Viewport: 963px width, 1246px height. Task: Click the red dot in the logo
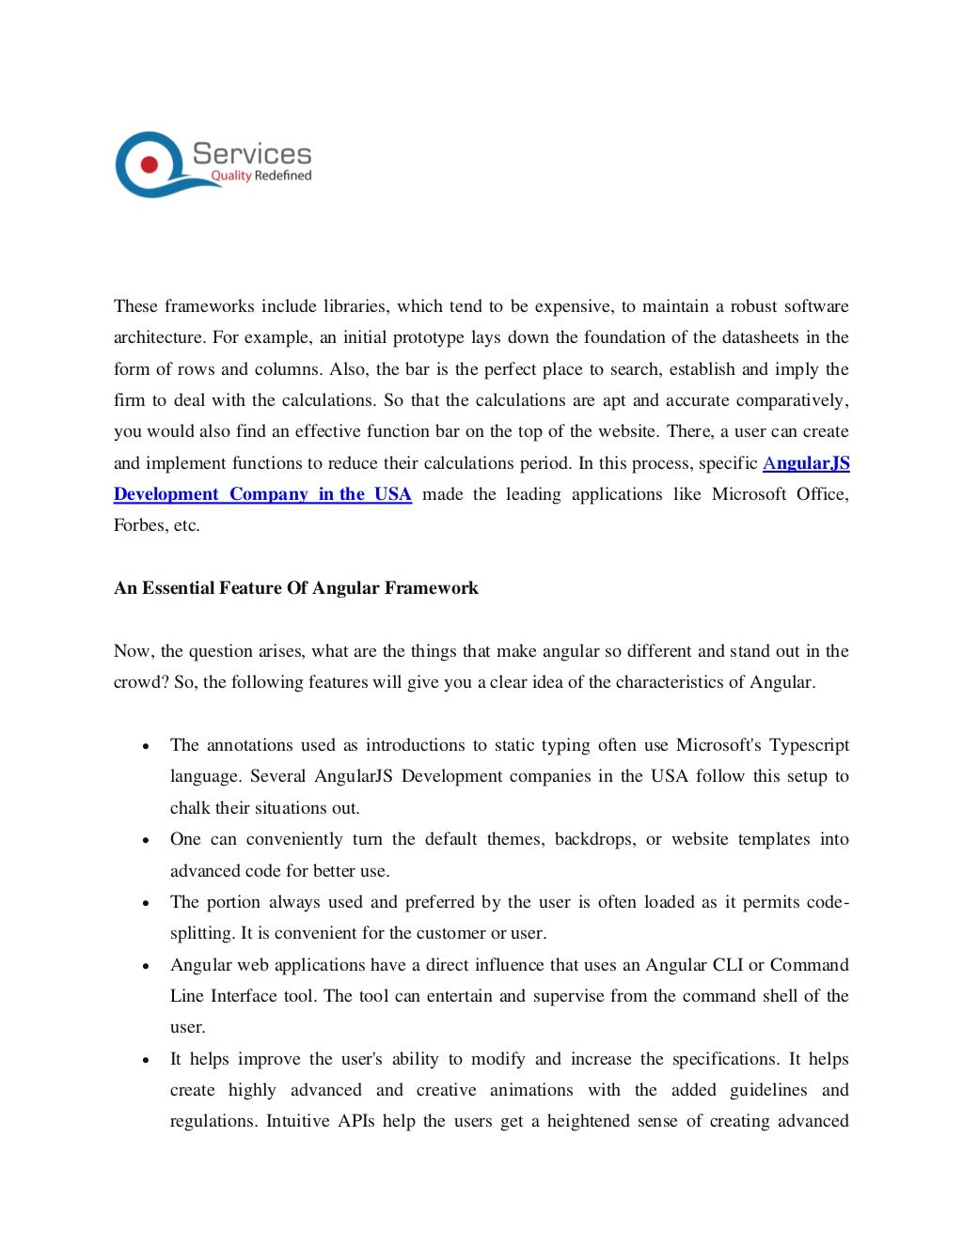[x=150, y=164]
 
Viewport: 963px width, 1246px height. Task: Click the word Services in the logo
[x=251, y=154]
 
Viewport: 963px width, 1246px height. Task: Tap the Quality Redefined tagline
[x=260, y=176]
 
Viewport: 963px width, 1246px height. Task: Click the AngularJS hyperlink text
[x=806, y=463]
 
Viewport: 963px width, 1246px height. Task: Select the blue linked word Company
[x=269, y=494]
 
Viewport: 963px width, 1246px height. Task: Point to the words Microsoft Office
[x=780, y=494]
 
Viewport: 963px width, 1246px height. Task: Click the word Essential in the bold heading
[x=178, y=588]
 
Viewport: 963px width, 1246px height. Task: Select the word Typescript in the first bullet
[x=809, y=745]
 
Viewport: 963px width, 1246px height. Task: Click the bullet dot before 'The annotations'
[x=146, y=747]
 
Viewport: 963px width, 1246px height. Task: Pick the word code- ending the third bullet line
[x=828, y=902]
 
